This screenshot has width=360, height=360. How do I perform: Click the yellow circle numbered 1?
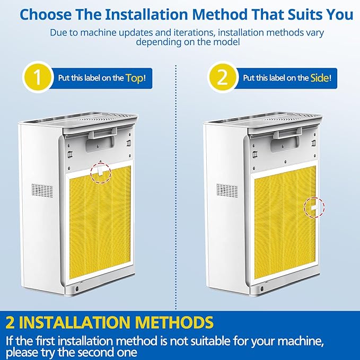point(37,77)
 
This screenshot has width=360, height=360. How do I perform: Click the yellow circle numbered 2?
point(222,77)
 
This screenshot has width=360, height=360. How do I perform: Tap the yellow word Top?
point(135,78)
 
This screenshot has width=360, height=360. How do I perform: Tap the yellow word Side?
point(320,78)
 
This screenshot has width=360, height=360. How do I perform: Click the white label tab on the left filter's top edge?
point(100,171)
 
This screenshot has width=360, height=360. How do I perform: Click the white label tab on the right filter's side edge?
point(314,207)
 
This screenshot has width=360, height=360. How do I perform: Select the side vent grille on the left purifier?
point(42,190)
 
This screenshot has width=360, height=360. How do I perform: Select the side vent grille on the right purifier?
point(227,190)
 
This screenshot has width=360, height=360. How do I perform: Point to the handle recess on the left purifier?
point(100,144)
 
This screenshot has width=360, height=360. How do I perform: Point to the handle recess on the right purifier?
point(285,144)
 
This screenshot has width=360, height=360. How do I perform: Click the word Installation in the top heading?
point(147,14)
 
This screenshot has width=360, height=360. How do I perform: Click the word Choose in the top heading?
point(46,14)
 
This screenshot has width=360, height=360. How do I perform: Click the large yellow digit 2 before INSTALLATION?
point(10,322)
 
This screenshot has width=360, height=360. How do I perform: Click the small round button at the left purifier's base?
point(76,288)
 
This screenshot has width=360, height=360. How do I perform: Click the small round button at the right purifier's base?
point(262,288)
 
